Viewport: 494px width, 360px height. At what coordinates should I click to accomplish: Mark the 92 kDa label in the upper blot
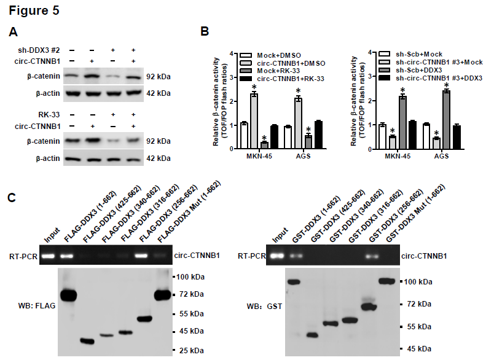coord(158,77)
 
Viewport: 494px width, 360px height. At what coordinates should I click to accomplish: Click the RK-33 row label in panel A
coord(50,115)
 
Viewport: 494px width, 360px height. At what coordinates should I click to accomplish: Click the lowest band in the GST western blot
coord(312,335)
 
